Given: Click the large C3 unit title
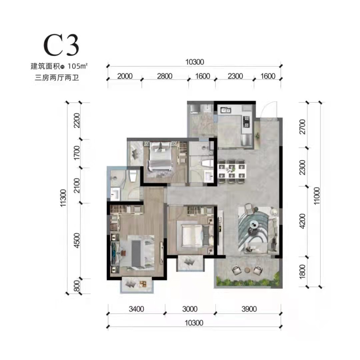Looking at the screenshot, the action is pos(61,45).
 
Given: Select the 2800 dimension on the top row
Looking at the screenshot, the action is pos(165,76).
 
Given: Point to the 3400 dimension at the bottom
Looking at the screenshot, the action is pos(136,309).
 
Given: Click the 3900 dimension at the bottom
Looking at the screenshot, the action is pos(249,309).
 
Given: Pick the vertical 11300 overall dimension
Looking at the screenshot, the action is pos(63,198).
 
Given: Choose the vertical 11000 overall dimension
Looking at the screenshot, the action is pos(317,196).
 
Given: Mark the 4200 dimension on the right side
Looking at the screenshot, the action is pos(303,221).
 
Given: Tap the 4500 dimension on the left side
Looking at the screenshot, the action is pos(77,240).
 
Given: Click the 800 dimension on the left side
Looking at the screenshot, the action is pos(77,286).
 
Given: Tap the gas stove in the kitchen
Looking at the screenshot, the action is pos(246,122).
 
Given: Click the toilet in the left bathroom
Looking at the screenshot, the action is pos(133,176).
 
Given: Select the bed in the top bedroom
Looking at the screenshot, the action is pos(160,156).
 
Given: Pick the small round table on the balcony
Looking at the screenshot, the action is pos(247,270).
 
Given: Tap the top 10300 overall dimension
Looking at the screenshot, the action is pos(194,62).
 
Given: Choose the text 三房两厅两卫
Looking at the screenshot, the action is pos(57,78).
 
